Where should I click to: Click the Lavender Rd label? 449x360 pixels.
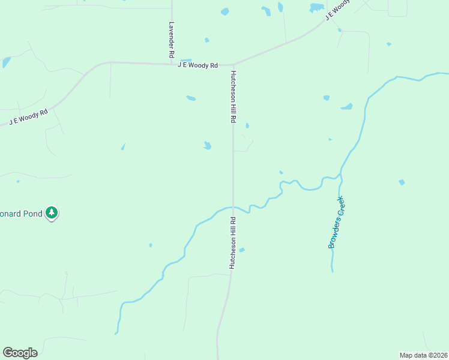tap(172, 40)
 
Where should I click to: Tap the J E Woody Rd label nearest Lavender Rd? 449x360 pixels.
tap(197, 65)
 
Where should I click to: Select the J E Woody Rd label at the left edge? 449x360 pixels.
tap(28, 116)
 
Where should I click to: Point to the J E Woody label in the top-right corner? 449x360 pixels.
tap(337, 10)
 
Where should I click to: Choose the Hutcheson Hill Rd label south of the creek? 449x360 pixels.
tap(232, 242)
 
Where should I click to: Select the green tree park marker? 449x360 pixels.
tap(52, 212)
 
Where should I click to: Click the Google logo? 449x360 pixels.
tap(20, 353)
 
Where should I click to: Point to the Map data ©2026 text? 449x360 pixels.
tap(423, 355)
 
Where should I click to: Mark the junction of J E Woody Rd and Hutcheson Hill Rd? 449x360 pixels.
tap(233, 64)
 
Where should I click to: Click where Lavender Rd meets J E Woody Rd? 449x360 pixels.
tap(172, 62)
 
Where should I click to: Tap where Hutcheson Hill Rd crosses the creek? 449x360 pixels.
tap(233, 208)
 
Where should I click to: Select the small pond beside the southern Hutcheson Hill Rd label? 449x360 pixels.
tap(242, 250)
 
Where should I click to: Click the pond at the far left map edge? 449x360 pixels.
tap(6, 61)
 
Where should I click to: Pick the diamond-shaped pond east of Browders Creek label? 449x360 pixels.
tap(402, 182)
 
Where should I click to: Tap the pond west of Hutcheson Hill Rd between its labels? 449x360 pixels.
tap(207, 145)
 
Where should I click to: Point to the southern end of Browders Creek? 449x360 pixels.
tap(331, 271)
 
